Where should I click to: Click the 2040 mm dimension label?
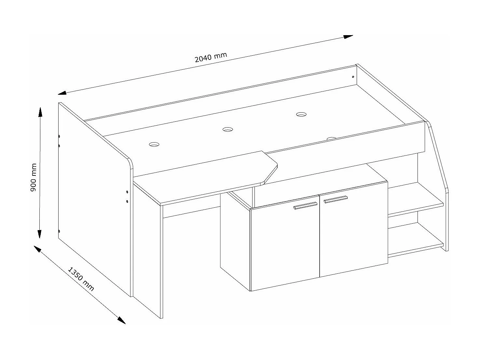click(211, 57)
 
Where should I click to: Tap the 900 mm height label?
click(33, 177)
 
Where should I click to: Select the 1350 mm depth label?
click(81, 279)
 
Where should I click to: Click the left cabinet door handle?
click(305, 205)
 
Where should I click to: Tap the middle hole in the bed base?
click(228, 130)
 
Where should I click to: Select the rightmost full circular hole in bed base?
click(301, 114)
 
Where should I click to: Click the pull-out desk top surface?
click(208, 177)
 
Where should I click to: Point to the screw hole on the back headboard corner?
click(353, 77)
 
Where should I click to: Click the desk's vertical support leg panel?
click(148, 251)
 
